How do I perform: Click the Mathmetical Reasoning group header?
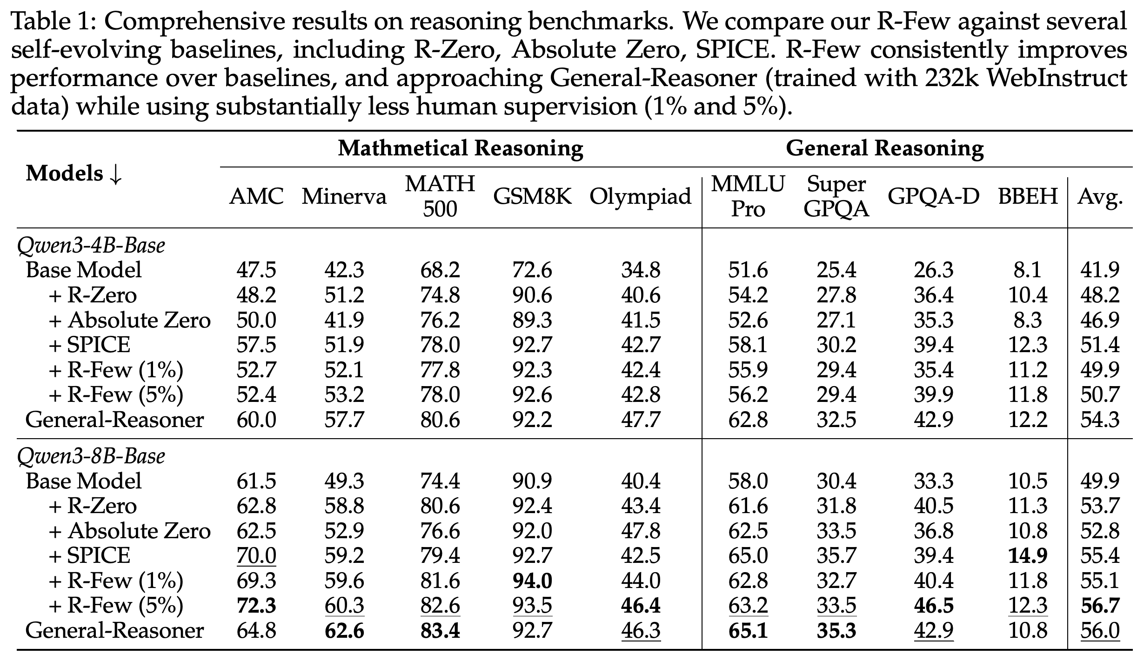[x=460, y=149]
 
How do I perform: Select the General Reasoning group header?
[x=884, y=149]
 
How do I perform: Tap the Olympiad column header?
[x=640, y=197]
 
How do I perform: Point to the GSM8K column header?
[x=533, y=197]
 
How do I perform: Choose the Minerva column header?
[x=344, y=197]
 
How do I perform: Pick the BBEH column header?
[x=1028, y=197]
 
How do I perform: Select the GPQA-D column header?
[x=933, y=197]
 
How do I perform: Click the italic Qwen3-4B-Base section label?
[x=91, y=246]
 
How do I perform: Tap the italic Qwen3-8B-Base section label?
[x=91, y=456]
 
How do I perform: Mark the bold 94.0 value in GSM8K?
[x=533, y=581]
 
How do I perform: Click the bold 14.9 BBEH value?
[x=1028, y=555]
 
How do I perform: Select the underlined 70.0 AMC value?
[x=256, y=555]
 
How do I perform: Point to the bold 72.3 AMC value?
[x=256, y=606]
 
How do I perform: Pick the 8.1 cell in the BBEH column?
[x=1028, y=270]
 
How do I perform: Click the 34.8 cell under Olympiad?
[x=641, y=270]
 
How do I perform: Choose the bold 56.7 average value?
[x=1100, y=606]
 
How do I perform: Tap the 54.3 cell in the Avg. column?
[x=1100, y=420]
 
